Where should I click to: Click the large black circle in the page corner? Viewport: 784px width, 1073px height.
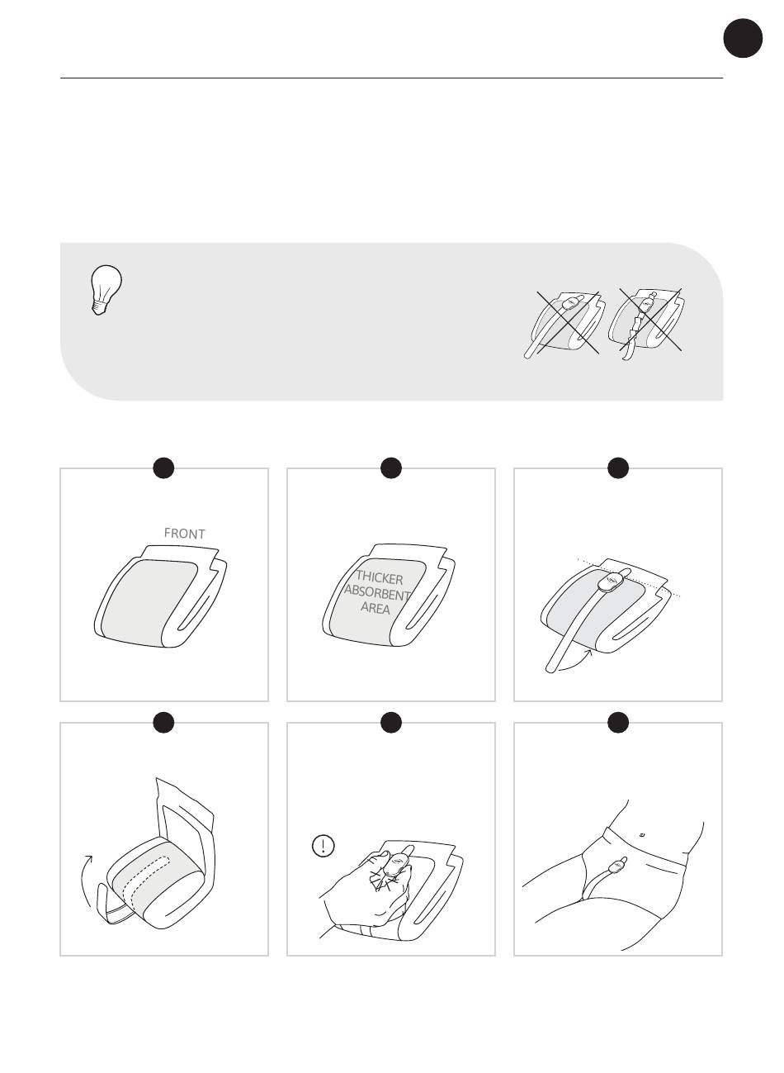pos(743,38)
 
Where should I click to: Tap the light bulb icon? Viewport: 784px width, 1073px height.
pos(106,290)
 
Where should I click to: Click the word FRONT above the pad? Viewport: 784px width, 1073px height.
pos(184,533)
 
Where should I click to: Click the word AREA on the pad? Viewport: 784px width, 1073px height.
pos(375,608)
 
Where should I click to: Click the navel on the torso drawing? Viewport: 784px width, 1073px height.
pos(641,834)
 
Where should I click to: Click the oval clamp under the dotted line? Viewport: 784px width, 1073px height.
pos(612,582)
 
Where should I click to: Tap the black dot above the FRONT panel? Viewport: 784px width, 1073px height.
pos(163,468)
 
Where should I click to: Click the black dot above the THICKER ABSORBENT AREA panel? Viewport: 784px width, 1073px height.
pos(390,468)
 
